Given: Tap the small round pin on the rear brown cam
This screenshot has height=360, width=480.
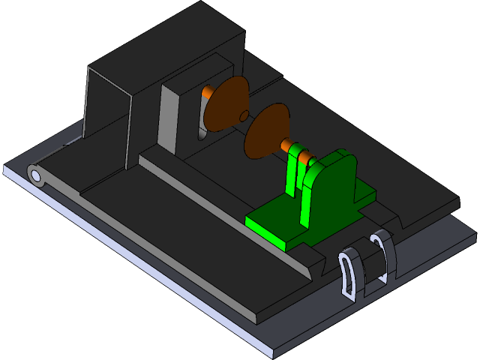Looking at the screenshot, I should [243, 115].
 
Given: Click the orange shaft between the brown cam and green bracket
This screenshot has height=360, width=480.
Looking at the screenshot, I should [286, 145].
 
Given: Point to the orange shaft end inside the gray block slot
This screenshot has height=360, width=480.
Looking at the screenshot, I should [205, 94].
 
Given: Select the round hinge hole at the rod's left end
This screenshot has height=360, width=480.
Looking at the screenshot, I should [35, 175].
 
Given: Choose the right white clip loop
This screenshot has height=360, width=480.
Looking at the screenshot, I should [383, 256].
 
